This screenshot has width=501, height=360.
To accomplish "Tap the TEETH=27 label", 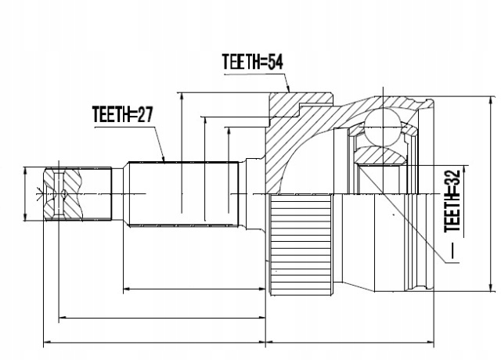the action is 121,115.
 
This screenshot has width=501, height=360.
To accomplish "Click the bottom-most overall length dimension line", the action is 235,342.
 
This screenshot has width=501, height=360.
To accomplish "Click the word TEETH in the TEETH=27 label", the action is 109,115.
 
